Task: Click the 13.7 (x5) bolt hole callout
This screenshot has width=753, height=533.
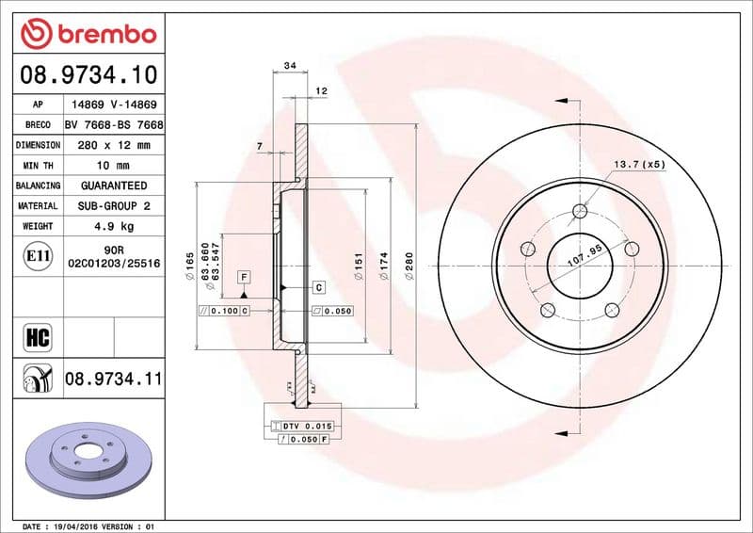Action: coord(639,165)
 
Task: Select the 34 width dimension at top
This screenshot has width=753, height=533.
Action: coord(289,66)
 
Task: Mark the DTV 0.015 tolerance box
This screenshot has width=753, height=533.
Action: coord(307,428)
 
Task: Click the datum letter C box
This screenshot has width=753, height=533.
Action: coord(317,286)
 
